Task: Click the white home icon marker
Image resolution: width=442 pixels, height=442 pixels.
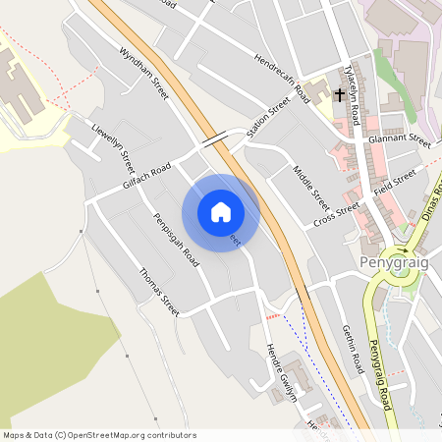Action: pos(221,212)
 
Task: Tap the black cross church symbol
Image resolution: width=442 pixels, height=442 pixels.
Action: pos(340,95)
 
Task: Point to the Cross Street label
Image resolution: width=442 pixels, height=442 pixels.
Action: pos(337,215)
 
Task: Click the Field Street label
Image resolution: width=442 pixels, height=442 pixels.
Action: pos(395,182)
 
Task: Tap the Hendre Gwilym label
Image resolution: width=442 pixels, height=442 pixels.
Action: pos(281,372)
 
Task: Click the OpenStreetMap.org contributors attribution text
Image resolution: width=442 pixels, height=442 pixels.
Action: pos(132,434)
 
